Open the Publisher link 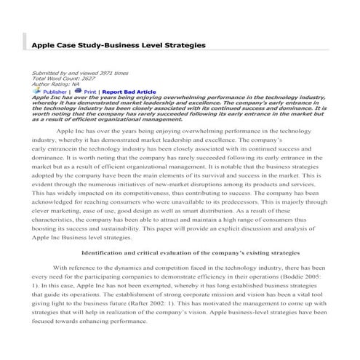coord(55,92)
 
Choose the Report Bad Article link coord(129,92)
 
